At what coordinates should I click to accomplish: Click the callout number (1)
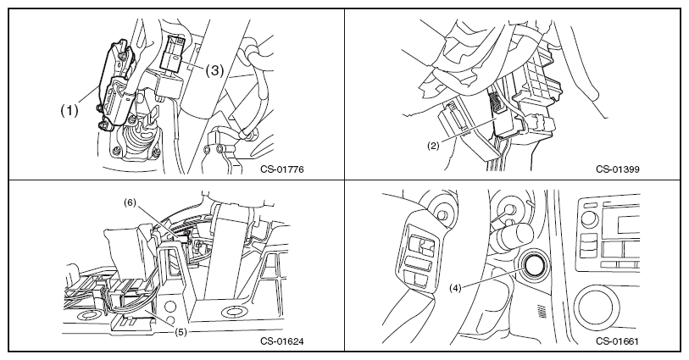(x=69, y=111)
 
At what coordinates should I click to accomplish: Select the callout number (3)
(x=215, y=70)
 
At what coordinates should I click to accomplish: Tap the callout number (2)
(x=433, y=147)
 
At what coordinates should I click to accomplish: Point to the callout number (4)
(x=455, y=289)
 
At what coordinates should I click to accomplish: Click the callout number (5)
(x=181, y=332)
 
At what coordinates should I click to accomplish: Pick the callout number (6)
(x=130, y=202)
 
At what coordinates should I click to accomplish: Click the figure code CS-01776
(x=281, y=169)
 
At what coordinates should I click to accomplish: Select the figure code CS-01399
(x=617, y=169)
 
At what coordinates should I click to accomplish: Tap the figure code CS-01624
(x=281, y=341)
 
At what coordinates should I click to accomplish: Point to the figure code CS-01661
(x=617, y=341)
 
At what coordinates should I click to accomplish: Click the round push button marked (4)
(x=533, y=264)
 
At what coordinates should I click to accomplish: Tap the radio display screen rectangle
(x=628, y=224)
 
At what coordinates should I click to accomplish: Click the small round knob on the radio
(x=589, y=219)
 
